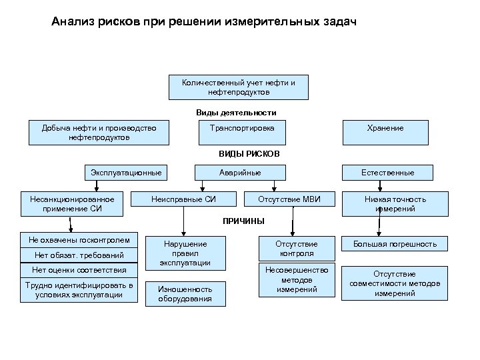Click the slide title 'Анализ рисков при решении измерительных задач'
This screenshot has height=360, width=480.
(x=204, y=22)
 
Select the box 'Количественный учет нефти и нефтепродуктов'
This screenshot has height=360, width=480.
(x=237, y=87)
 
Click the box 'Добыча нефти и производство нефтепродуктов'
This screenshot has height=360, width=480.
(x=99, y=132)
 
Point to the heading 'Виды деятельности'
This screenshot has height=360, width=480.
(x=236, y=113)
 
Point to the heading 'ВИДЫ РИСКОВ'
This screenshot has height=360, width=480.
(x=249, y=153)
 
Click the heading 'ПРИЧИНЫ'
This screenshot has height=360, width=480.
(x=243, y=221)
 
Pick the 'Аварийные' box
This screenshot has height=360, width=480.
(x=240, y=173)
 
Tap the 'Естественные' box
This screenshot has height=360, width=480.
(x=387, y=173)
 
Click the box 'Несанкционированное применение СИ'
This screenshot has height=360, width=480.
(x=72, y=204)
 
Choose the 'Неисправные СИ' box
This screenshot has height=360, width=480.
(x=184, y=199)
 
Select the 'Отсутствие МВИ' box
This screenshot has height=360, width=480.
(x=289, y=199)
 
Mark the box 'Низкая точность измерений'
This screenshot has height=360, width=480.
(x=394, y=204)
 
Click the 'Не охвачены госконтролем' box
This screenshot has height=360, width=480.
(x=79, y=240)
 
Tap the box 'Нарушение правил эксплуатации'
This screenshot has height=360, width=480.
(x=185, y=253)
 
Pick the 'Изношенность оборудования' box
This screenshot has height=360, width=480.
(x=185, y=294)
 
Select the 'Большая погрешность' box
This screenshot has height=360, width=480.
(x=395, y=244)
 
